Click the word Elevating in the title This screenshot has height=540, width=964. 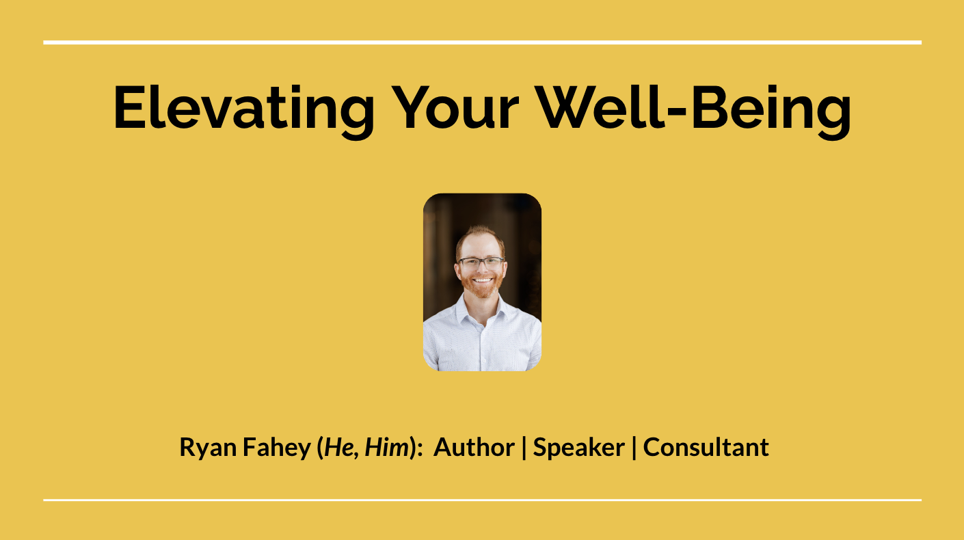pyautogui.click(x=243, y=111)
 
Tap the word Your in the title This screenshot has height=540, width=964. pyautogui.click(x=455, y=107)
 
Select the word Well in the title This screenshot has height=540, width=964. pyautogui.click(x=600, y=107)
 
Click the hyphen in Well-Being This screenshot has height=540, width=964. pyautogui.click(x=677, y=113)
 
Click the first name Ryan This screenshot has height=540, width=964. pyautogui.click(x=209, y=448)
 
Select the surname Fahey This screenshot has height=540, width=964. pyautogui.click(x=277, y=448)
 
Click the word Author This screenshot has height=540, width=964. pyautogui.click(x=474, y=447)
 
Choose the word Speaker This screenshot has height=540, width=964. pyautogui.click(x=579, y=448)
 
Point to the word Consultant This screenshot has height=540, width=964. pyautogui.click(x=706, y=447)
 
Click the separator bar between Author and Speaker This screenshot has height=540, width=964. pyautogui.click(x=524, y=448)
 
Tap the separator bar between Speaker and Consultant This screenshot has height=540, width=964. pyautogui.click(x=634, y=448)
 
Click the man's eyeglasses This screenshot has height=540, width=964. pyautogui.click(x=481, y=262)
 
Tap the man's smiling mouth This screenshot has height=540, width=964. pyautogui.click(x=482, y=280)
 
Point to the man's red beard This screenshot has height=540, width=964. pyautogui.click(x=481, y=287)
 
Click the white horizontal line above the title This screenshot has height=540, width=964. pyautogui.click(x=483, y=42)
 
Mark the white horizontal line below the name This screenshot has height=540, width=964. pyautogui.click(x=483, y=500)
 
